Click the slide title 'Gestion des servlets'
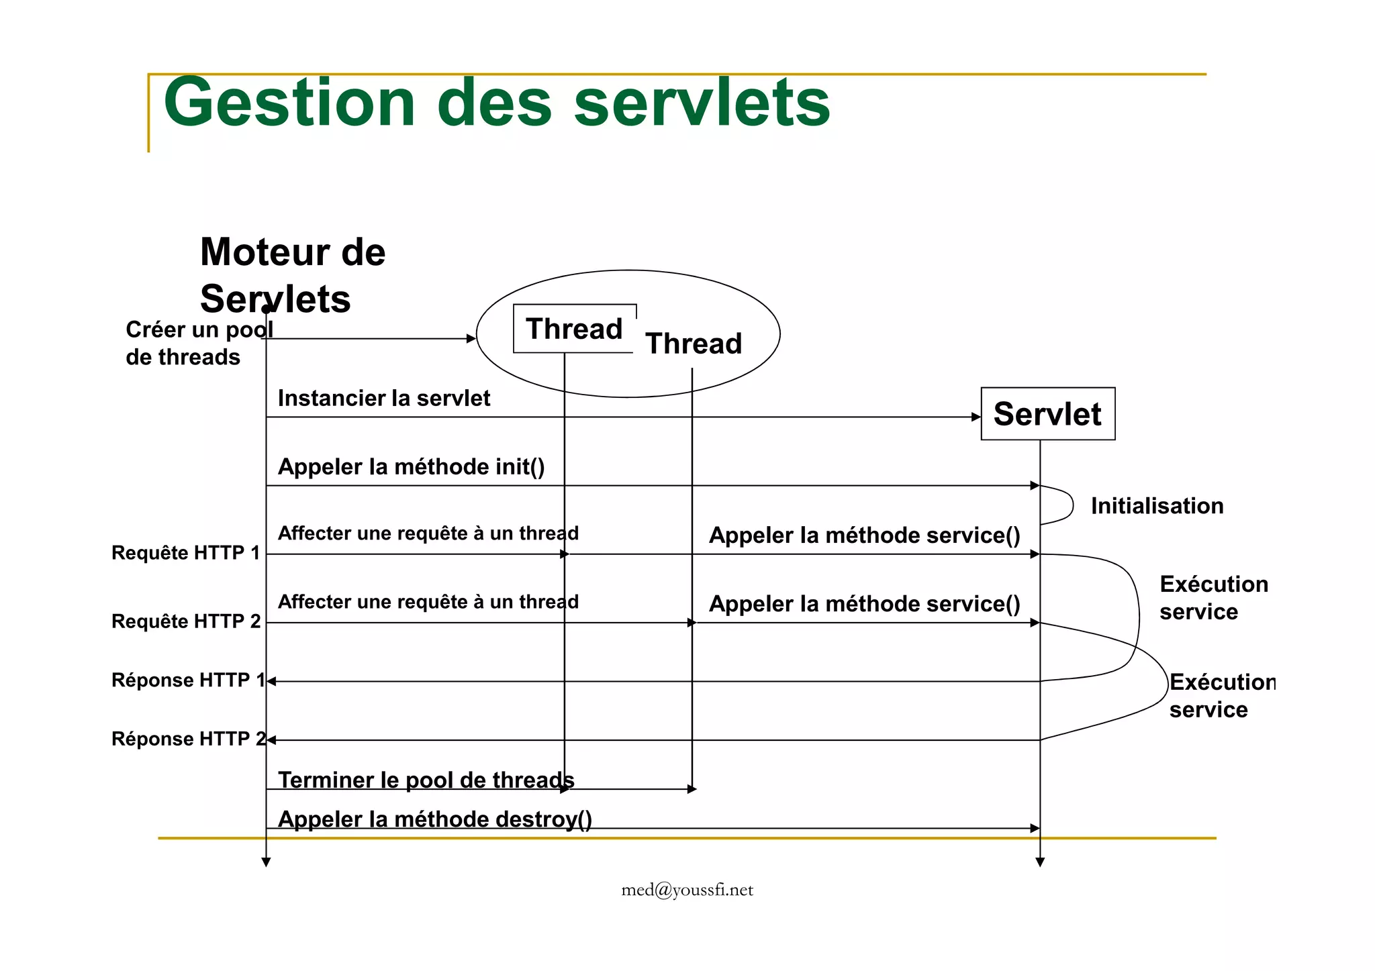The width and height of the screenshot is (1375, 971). tap(497, 104)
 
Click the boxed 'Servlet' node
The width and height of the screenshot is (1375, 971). tap(1047, 414)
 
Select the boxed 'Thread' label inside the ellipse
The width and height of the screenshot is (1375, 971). tap(574, 329)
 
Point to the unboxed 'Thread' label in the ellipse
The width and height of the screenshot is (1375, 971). tap(694, 344)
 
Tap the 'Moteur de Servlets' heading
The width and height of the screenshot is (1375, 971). tap(293, 275)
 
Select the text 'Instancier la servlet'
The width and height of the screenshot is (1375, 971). tap(384, 399)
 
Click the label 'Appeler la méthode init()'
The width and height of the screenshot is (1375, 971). tap(411, 467)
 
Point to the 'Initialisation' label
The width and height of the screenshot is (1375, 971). tap(1157, 506)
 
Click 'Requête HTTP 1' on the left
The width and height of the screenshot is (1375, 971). tap(185, 553)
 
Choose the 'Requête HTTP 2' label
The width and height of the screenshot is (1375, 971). tap(186, 621)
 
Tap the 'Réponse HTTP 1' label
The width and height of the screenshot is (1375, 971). tap(188, 680)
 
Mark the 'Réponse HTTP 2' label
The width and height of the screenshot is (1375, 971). tap(188, 739)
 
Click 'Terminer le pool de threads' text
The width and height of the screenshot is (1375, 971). tap(426, 780)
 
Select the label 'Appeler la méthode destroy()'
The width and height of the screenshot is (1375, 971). tap(434, 819)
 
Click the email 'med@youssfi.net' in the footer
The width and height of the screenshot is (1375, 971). tap(687, 890)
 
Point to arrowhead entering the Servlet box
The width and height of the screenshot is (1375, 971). tap(976, 417)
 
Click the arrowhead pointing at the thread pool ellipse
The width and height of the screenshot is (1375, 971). tap(471, 339)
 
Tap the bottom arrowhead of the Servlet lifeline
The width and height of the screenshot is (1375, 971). tap(1040, 863)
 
